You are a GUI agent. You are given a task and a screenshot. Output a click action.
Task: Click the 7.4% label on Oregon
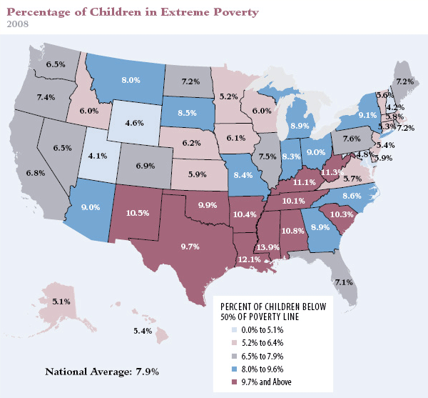[46, 96]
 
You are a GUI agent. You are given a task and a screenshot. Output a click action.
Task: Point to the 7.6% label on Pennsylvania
[351, 138]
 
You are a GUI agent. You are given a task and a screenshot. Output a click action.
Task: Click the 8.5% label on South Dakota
[188, 112]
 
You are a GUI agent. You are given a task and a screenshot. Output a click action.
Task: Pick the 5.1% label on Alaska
[61, 302]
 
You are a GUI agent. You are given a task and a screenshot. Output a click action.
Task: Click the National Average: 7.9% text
[101, 372]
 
